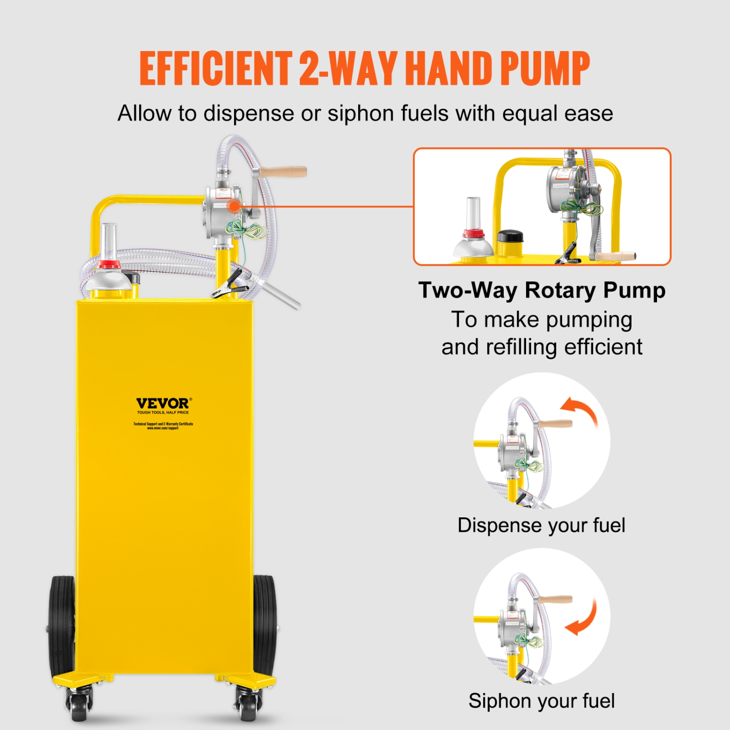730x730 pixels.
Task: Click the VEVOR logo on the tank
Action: pyautogui.click(x=163, y=403)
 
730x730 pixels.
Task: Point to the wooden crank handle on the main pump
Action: pyautogui.click(x=282, y=172)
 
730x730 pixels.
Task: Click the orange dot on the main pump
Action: pyautogui.click(x=235, y=206)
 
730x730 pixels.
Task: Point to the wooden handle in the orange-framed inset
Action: pyautogui.click(x=616, y=256)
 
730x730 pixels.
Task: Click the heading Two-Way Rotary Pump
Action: pyautogui.click(x=542, y=291)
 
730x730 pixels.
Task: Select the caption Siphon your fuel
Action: pyautogui.click(x=542, y=701)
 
